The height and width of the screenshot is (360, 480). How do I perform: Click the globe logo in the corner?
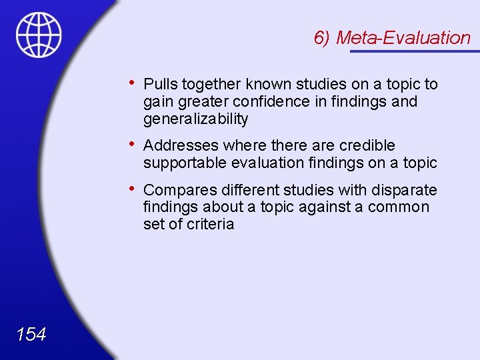point(39,35)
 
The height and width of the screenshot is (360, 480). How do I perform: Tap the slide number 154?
point(31,334)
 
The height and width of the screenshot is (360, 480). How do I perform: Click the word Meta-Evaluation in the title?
point(403,38)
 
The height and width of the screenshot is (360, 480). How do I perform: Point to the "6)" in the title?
point(323,38)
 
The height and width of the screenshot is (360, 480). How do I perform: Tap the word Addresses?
point(181,145)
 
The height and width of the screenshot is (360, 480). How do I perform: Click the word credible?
point(367,145)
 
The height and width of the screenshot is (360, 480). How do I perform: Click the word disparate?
point(405,189)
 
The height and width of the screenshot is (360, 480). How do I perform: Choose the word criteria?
point(210,224)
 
